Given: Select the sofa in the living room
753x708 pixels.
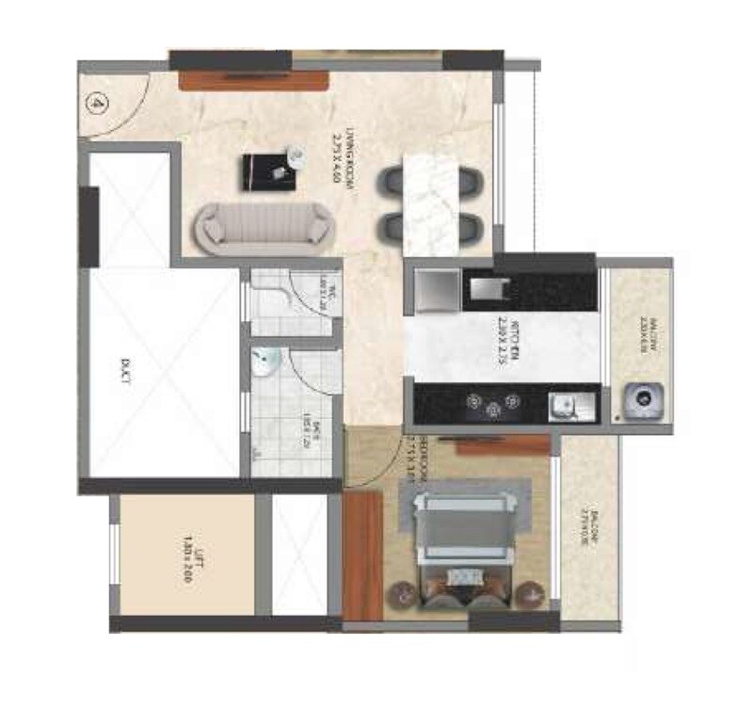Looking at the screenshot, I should pos(266,226).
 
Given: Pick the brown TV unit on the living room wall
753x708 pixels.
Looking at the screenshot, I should pos(253,80).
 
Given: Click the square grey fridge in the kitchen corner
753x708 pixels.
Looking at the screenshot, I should pos(434,290).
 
